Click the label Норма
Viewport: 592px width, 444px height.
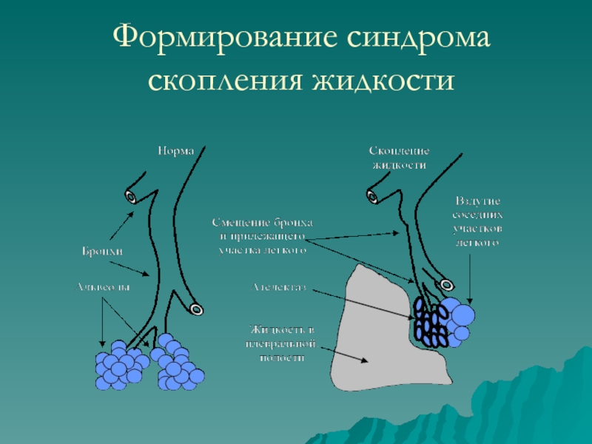[175, 151]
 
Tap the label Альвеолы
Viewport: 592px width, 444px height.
[102, 286]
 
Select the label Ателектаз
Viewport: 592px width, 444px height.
[279, 286]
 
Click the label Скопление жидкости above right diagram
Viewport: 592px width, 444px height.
[399, 158]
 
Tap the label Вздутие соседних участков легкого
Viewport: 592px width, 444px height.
[478, 221]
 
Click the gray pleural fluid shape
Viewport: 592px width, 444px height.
[377, 340]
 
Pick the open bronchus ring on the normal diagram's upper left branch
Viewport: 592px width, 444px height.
[131, 196]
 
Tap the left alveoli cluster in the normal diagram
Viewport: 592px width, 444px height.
[118, 365]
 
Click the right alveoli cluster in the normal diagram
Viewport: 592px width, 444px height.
[177, 365]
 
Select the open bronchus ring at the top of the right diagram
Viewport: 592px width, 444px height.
[372, 195]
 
